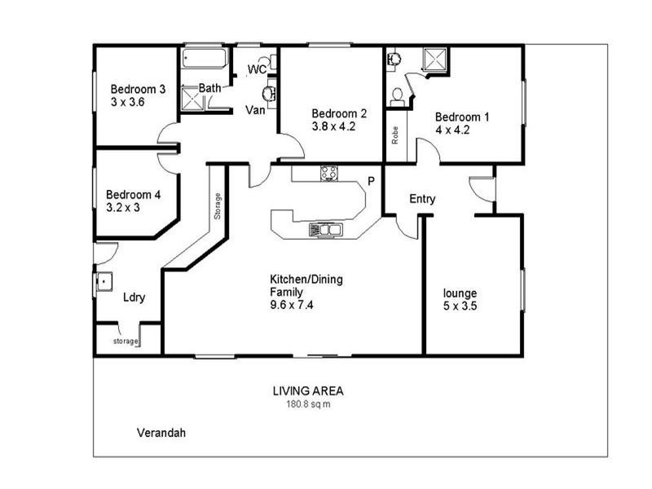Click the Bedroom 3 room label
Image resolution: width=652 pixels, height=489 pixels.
tap(139, 90)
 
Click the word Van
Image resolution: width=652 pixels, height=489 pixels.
tap(260, 109)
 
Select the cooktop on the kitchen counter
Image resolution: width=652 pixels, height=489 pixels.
tap(328, 172)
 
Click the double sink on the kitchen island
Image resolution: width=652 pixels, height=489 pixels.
tap(326, 230)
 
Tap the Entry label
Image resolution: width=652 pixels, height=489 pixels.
tap(422, 199)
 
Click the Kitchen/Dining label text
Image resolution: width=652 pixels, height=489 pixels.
tap(306, 280)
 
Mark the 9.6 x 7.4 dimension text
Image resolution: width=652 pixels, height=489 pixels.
tap(293, 305)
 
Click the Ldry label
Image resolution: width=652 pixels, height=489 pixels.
tap(134, 297)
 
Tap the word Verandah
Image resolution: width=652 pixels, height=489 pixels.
tap(161, 433)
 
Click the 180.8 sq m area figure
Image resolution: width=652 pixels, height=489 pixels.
tap(309, 403)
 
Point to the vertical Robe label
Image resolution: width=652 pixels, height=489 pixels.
tap(395, 135)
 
